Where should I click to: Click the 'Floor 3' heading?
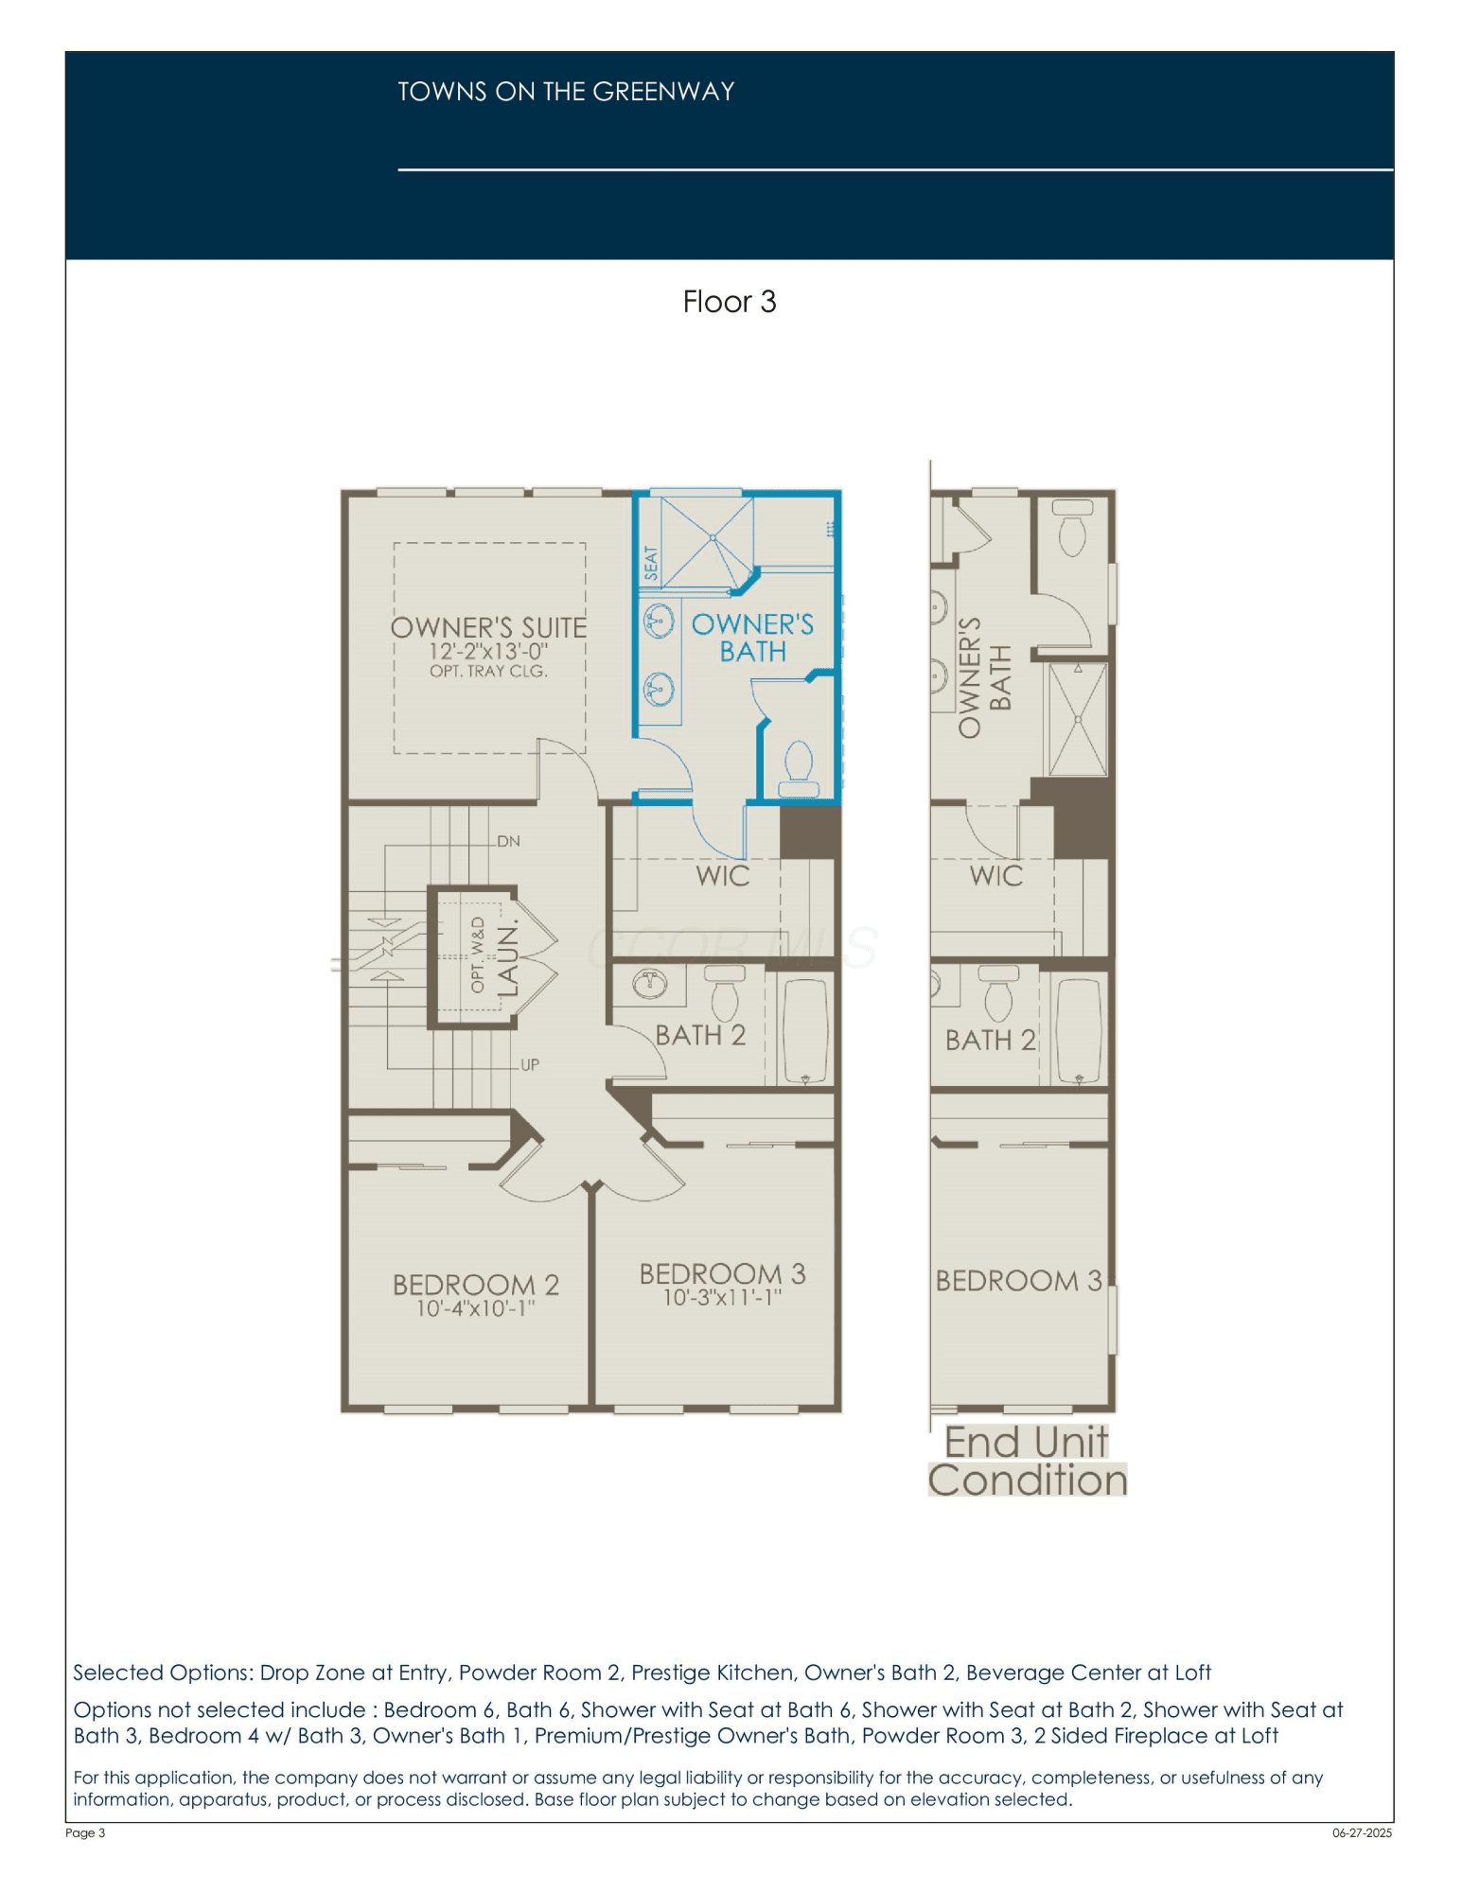(x=730, y=302)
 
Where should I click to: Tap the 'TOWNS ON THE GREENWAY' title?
(x=566, y=92)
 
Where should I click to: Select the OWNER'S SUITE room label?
(x=488, y=627)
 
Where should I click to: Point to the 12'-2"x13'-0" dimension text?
(x=488, y=652)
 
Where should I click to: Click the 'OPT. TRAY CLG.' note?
(x=488, y=672)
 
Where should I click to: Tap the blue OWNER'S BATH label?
(x=752, y=638)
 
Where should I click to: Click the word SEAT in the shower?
(x=650, y=563)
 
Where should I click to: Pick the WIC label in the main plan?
(x=723, y=876)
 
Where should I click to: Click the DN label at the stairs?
(x=508, y=841)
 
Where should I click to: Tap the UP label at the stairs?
(x=530, y=1064)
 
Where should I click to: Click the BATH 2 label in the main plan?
(x=700, y=1036)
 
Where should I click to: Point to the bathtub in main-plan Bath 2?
(x=805, y=1031)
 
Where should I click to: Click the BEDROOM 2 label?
(x=476, y=1285)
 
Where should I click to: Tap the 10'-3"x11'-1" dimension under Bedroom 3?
(x=722, y=1297)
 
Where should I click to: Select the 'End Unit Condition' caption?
(x=1028, y=1462)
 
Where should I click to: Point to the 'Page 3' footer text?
(x=85, y=1832)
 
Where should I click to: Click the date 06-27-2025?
(x=1363, y=1832)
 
